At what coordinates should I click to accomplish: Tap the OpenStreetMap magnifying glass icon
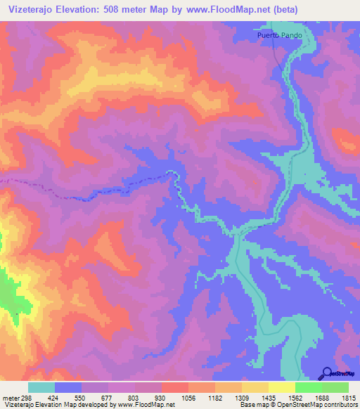(x=328, y=373)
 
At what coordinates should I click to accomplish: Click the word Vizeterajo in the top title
(x=32, y=10)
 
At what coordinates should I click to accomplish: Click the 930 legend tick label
(x=161, y=398)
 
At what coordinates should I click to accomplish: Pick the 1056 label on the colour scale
(x=189, y=398)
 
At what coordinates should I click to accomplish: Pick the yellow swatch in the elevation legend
(x=281, y=387)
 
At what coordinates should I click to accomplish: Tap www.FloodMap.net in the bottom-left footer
(x=146, y=405)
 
